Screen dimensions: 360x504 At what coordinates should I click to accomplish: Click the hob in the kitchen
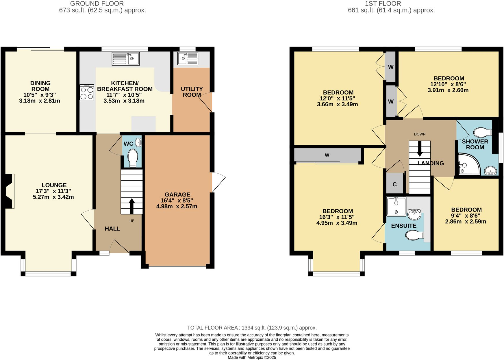[x=87, y=92]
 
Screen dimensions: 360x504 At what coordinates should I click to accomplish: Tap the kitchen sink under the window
[x=126, y=59]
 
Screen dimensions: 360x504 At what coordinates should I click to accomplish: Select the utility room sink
[x=188, y=59]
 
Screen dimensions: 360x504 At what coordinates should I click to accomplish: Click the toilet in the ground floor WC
[x=133, y=157]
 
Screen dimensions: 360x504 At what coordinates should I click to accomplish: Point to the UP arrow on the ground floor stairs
[x=131, y=206]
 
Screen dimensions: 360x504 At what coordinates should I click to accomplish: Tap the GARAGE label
[x=177, y=195]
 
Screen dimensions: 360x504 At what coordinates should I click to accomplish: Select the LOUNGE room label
[x=54, y=185]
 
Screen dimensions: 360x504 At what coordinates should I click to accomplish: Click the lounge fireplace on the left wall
[x=9, y=191]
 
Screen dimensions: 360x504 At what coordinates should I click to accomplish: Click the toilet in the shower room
[x=482, y=132]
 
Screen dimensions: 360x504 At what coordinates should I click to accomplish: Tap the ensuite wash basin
[x=414, y=214]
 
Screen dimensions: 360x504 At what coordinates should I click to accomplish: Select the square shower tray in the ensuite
[x=396, y=206]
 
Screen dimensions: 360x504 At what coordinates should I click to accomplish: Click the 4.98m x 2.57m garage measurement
[x=177, y=207]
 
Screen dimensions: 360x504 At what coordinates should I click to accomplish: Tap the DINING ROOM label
[x=40, y=86]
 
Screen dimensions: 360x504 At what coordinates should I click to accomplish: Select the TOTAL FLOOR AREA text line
[x=252, y=328]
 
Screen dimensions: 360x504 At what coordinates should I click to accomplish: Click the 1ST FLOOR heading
[x=383, y=4]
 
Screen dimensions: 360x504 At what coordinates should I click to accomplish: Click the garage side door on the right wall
[x=218, y=182]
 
